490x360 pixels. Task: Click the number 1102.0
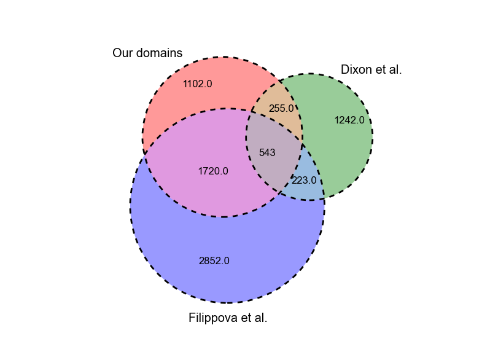pyautogui.click(x=198, y=84)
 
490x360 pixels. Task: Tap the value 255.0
pyautogui.click(x=281, y=109)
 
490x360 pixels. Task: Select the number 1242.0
pyautogui.click(x=349, y=120)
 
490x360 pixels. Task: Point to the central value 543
pyautogui.click(x=267, y=153)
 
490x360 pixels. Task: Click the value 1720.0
pyautogui.click(x=213, y=171)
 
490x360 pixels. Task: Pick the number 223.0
pyautogui.click(x=304, y=181)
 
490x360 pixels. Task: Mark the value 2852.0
pyautogui.click(x=214, y=261)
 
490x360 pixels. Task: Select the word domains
pyautogui.click(x=159, y=53)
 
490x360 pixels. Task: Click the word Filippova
pyautogui.click(x=211, y=318)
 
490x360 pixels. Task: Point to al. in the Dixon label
pyautogui.click(x=394, y=70)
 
